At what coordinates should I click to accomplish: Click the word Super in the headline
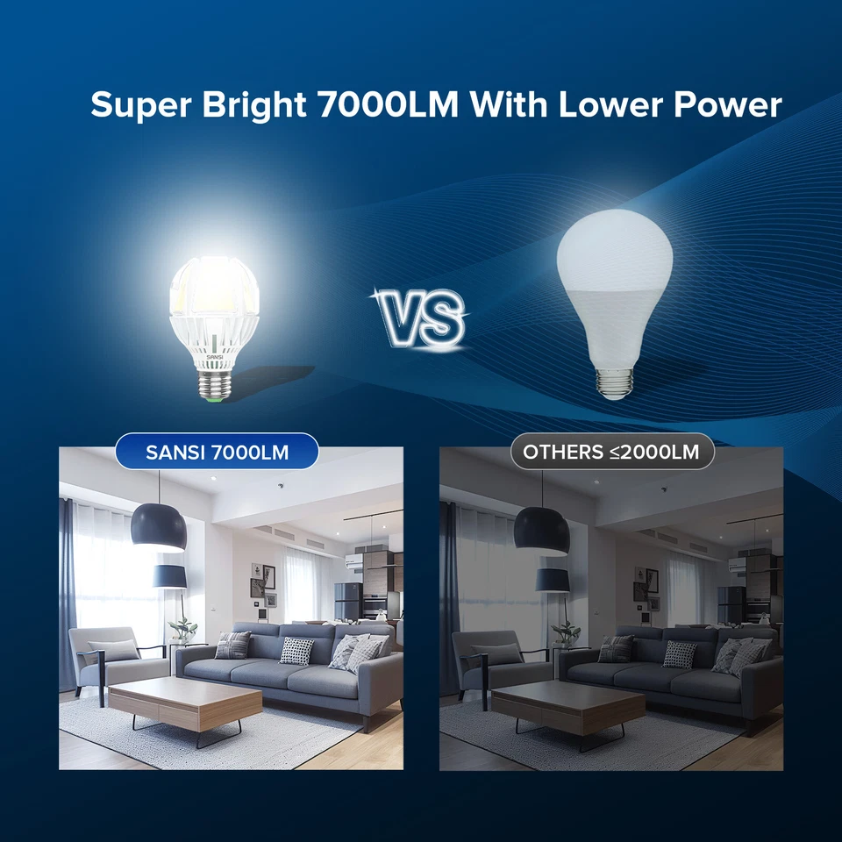coord(140,105)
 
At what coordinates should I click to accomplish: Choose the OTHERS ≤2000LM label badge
coord(611,453)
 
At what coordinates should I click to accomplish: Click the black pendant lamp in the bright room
coord(159,526)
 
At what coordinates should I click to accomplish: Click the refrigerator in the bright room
coord(347,603)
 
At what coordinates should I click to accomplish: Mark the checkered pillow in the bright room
coord(296,651)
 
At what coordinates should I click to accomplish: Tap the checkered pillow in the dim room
coord(680,654)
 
